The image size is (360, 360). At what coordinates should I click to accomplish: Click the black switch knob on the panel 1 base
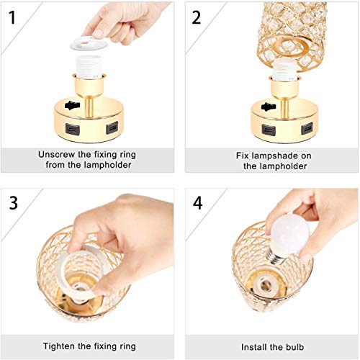point(71,106)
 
